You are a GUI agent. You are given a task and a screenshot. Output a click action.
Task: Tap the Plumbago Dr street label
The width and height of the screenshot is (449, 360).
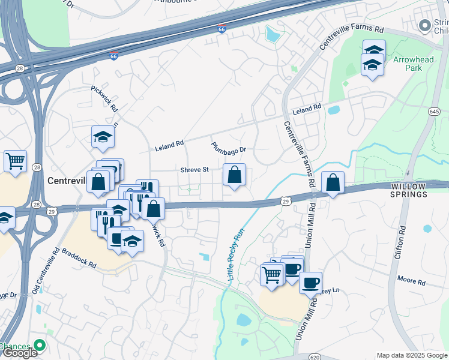tap(229, 147)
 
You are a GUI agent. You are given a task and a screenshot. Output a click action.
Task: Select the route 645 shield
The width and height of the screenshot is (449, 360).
tap(435, 112)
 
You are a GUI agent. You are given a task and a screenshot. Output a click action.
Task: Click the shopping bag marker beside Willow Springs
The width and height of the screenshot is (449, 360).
tap(333, 182)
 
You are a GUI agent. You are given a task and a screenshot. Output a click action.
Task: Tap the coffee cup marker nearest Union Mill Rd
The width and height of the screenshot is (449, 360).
tap(310, 282)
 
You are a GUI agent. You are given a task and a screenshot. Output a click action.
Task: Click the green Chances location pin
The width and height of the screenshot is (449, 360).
tap(40, 345)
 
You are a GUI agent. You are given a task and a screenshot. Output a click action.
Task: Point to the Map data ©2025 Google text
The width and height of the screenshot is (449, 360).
tap(411, 355)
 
